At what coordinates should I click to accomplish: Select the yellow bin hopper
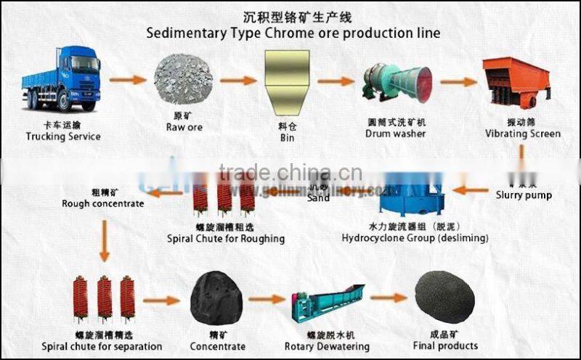(286, 80)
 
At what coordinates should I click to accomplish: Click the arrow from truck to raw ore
(128, 80)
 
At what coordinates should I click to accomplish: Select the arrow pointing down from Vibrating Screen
(521, 155)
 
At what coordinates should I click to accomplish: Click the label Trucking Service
(63, 136)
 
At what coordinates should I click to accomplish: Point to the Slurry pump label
(524, 195)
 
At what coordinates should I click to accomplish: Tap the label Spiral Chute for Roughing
(225, 238)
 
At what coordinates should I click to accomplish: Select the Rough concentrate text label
(102, 203)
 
